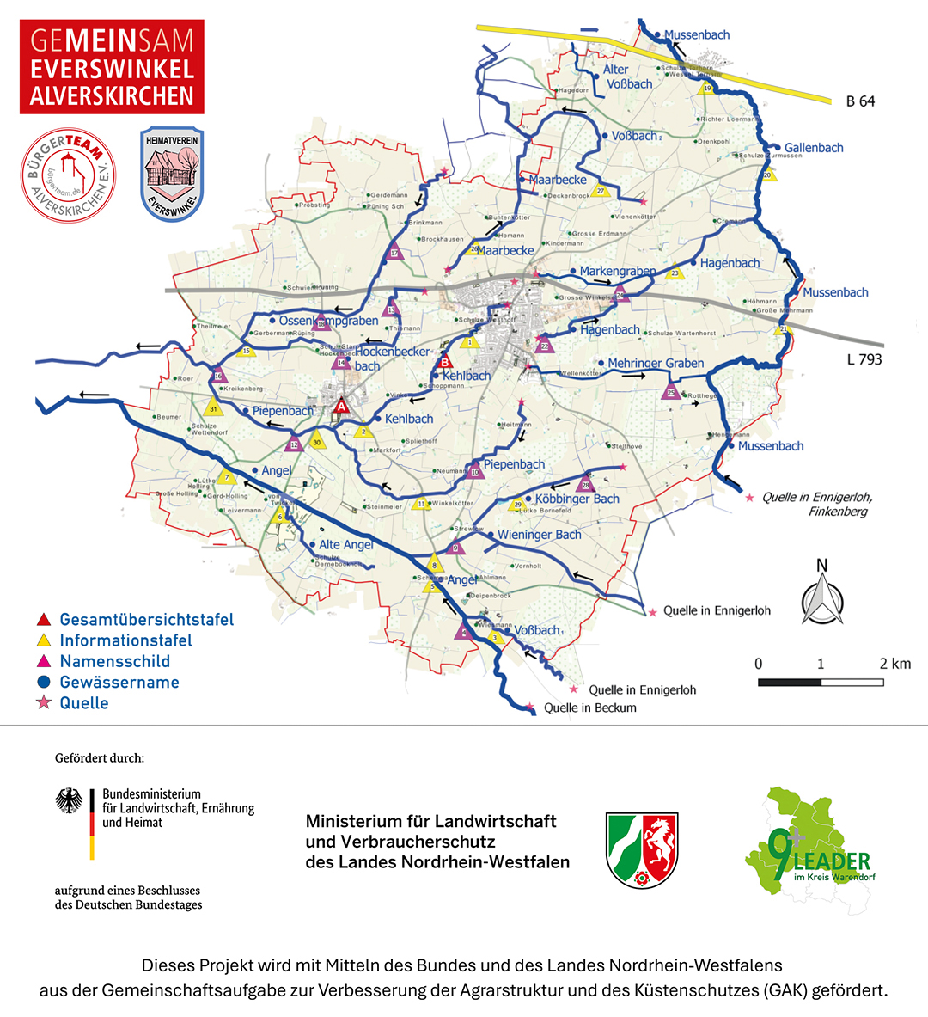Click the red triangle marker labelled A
(341, 406)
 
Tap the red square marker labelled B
(445, 362)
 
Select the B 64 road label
(859, 101)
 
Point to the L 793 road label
(864, 359)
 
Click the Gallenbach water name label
(813, 148)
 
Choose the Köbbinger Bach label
(577, 499)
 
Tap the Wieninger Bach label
(539, 535)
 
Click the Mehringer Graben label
(655, 364)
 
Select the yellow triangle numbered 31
(213, 407)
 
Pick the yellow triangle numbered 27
(601, 191)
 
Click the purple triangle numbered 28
(586, 484)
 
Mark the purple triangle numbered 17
(394, 252)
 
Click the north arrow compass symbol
(822, 594)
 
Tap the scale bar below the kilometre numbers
(821, 683)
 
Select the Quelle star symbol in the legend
(43, 703)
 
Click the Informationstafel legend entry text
(125, 640)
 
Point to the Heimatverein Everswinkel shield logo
(172, 175)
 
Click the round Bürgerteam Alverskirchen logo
(68, 175)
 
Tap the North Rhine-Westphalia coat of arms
(642, 849)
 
